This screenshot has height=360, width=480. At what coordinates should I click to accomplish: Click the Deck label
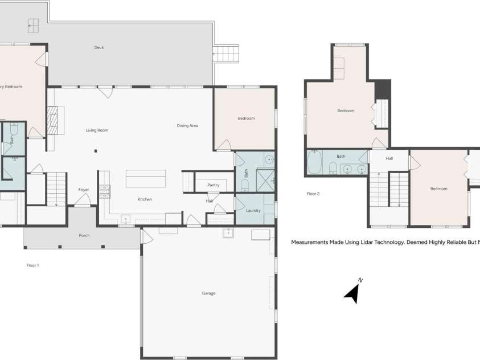pyautogui.click(x=99, y=47)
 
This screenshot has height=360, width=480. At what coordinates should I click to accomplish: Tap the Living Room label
pyautogui.click(x=97, y=130)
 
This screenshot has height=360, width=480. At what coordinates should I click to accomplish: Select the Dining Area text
pyautogui.click(x=187, y=125)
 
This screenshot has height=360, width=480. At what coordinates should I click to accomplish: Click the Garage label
pyautogui.click(x=208, y=293)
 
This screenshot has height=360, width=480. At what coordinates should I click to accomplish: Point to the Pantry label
pyautogui.click(x=214, y=185)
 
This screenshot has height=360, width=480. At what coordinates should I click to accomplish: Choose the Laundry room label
pyautogui.click(x=253, y=211)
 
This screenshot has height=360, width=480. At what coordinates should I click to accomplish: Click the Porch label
pyautogui.click(x=84, y=235)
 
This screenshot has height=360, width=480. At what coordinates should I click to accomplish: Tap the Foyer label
pyautogui.click(x=84, y=190)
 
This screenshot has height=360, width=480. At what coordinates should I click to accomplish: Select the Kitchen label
pyautogui.click(x=145, y=199)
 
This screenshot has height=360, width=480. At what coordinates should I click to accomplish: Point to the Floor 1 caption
pyautogui.click(x=32, y=265)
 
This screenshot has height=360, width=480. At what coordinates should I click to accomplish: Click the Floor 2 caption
pyautogui.click(x=313, y=194)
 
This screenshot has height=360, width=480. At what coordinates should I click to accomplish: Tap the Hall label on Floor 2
pyautogui.click(x=389, y=159)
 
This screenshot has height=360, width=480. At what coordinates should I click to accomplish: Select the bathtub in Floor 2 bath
pyautogui.click(x=314, y=162)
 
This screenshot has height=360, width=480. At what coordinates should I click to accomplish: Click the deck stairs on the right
pyautogui.click(x=225, y=55)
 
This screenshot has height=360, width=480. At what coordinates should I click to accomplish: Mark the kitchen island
pyautogui.click(x=146, y=178)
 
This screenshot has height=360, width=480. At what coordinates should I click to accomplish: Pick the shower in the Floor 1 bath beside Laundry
pyautogui.click(x=265, y=180)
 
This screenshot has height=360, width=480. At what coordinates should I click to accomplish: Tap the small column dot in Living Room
pyautogui.click(x=96, y=151)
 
